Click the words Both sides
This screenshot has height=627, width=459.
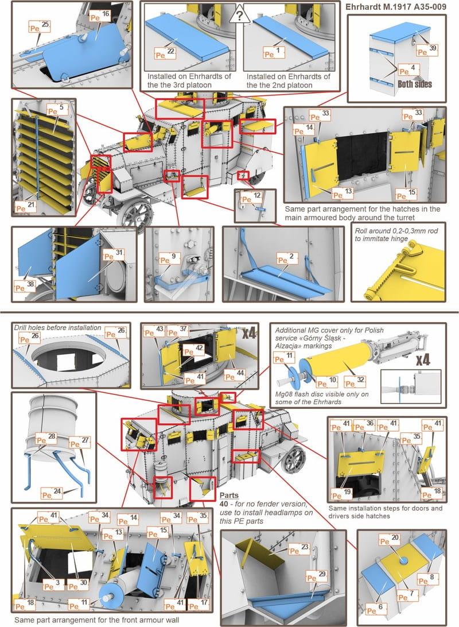[x=415, y=84]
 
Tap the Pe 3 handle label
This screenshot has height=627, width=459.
[x=51, y=585]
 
